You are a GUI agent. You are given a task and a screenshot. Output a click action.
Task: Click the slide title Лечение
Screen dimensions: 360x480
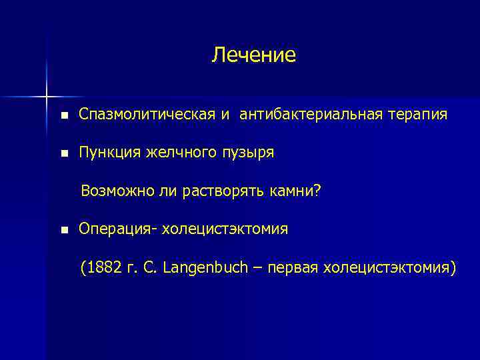point(253,55)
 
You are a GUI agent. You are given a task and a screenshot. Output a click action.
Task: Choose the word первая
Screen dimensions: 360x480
point(291,268)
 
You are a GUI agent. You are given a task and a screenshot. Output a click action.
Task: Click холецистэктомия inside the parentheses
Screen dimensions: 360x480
point(389,268)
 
